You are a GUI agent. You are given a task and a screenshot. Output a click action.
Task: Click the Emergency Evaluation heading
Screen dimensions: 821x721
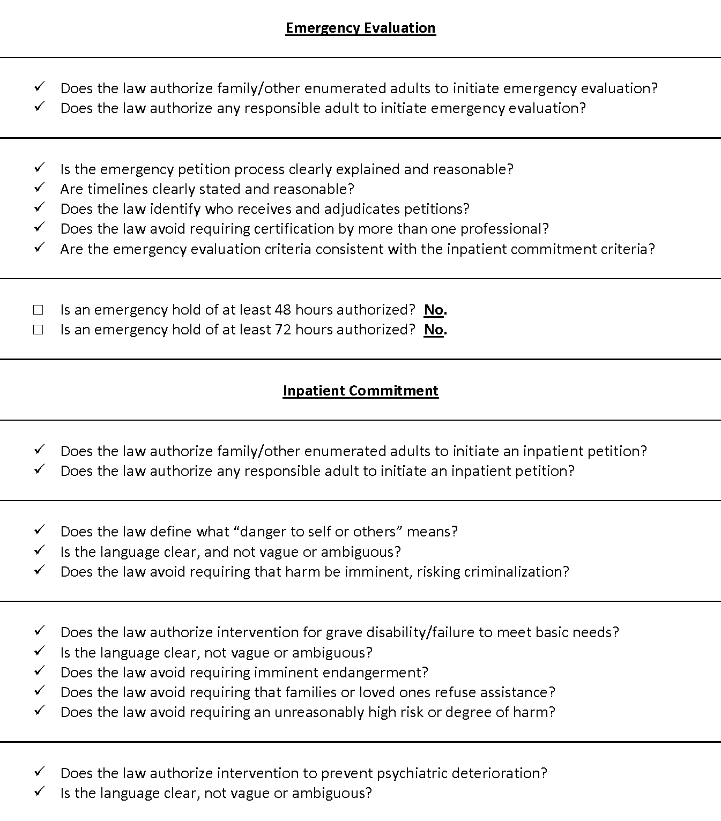(x=360, y=28)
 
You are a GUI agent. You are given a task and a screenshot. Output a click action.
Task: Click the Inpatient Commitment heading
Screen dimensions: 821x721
(x=360, y=391)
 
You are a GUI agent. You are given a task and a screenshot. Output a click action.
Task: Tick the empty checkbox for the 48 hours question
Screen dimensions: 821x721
(x=38, y=310)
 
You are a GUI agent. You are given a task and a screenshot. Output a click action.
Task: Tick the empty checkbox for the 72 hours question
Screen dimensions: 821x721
(x=38, y=330)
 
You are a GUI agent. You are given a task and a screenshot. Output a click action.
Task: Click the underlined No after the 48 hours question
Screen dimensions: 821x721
(x=435, y=310)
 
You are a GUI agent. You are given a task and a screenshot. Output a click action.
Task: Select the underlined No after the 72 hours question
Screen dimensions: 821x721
(x=435, y=330)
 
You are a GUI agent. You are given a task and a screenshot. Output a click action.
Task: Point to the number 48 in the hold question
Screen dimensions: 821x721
(x=283, y=310)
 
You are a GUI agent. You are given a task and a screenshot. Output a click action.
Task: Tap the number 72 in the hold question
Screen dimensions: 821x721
(x=283, y=330)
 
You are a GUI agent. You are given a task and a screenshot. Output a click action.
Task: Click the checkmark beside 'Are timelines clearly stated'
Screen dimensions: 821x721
(x=39, y=188)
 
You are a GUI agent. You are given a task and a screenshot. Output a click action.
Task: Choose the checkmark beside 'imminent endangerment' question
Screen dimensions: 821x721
(x=39, y=671)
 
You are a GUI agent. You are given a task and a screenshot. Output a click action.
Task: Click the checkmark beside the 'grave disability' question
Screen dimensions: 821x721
(x=39, y=631)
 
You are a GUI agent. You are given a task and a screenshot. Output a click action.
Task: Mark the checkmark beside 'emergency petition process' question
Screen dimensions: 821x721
(x=39, y=168)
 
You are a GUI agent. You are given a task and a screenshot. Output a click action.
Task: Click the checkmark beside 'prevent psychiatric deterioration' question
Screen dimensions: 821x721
(x=39, y=772)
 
